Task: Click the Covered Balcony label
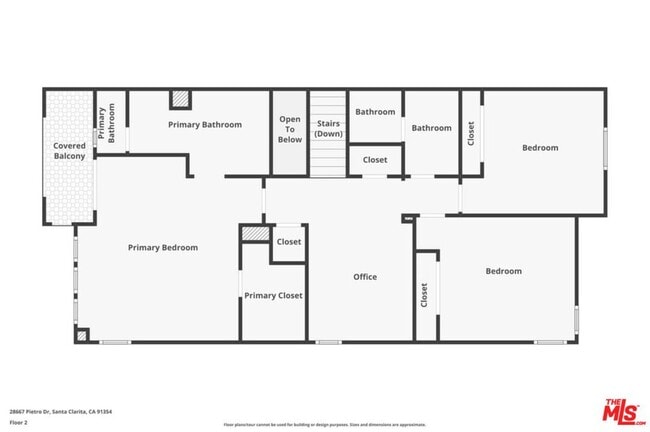click(69, 151)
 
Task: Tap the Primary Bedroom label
click(162, 247)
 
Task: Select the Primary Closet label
click(273, 295)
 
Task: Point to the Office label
click(365, 276)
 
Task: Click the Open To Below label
click(290, 129)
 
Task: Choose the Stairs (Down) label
click(327, 129)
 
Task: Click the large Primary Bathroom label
click(205, 124)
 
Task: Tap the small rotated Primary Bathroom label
click(106, 125)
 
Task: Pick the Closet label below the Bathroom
click(375, 159)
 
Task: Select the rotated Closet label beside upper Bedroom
click(471, 133)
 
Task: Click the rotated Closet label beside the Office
click(424, 295)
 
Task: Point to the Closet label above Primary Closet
click(289, 241)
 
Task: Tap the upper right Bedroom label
click(540, 147)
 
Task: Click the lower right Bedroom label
click(504, 270)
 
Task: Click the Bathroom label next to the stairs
click(375, 112)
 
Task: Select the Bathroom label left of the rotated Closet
click(432, 127)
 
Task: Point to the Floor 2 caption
click(18, 422)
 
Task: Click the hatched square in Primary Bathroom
click(180, 99)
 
